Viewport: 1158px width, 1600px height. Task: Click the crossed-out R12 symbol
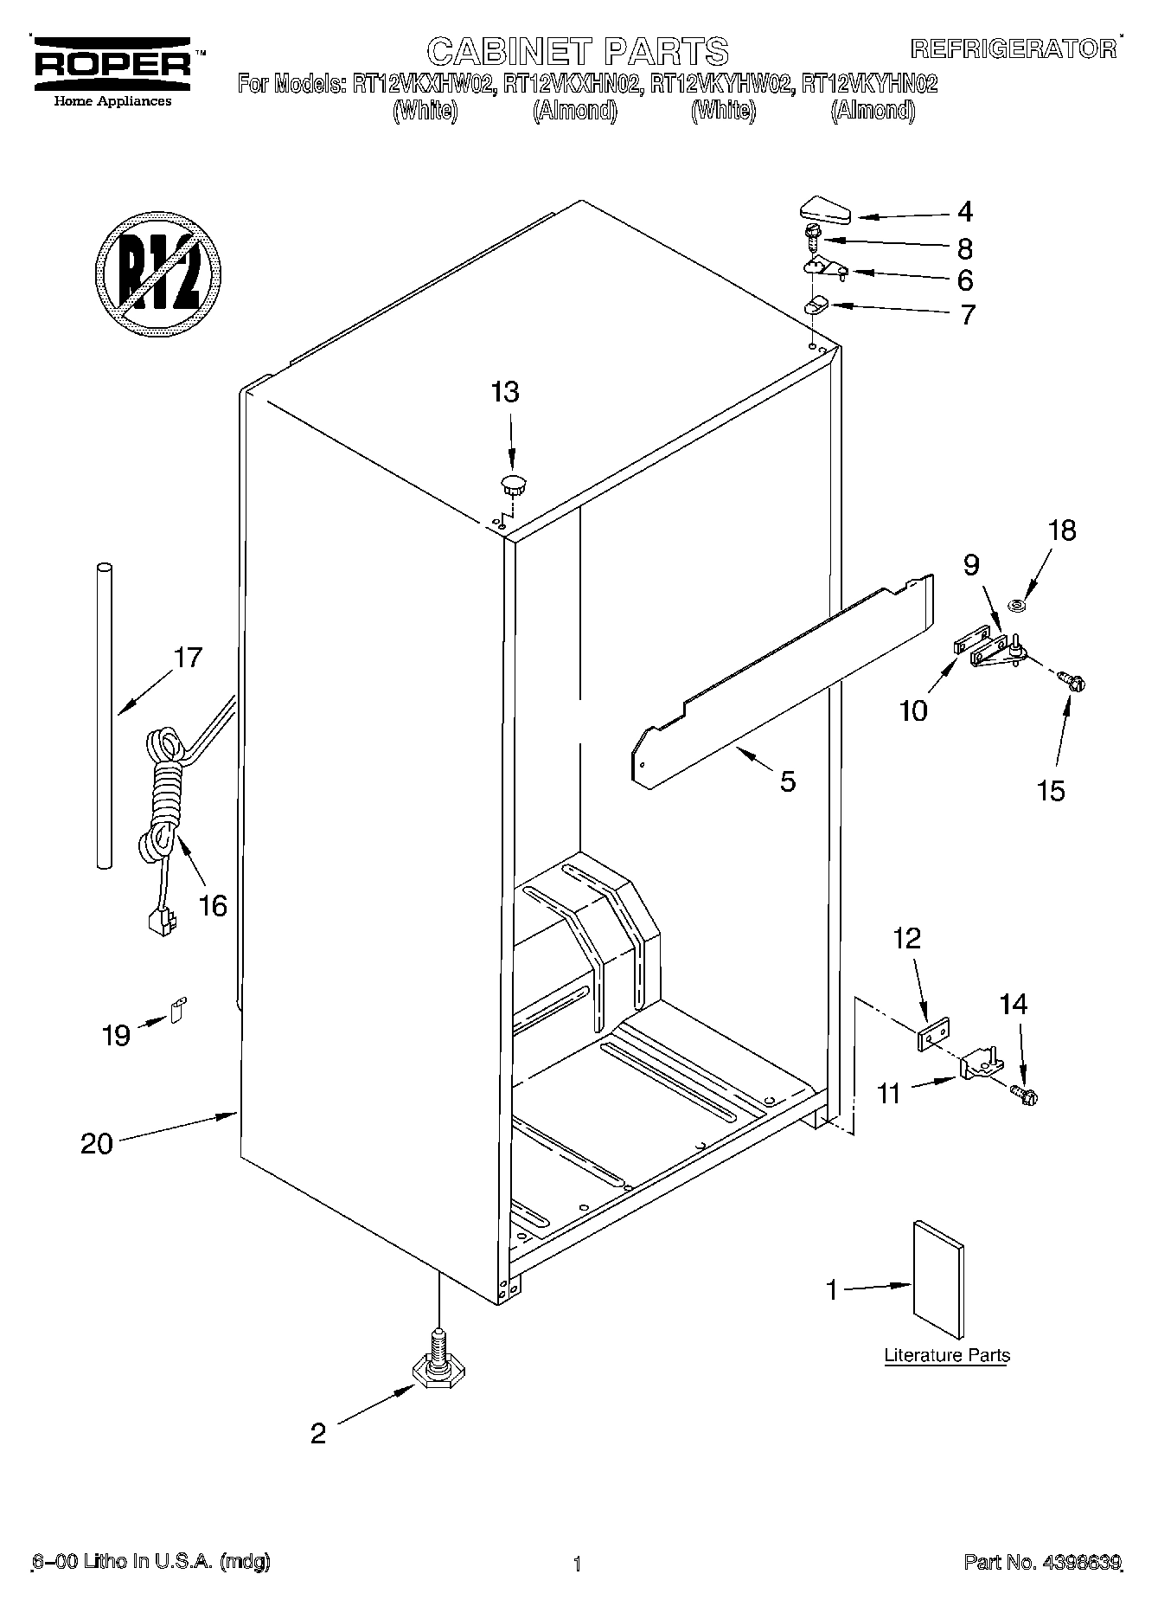pyautogui.click(x=157, y=272)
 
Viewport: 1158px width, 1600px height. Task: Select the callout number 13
pyautogui.click(x=505, y=392)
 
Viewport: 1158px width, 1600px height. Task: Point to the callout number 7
pyautogui.click(x=966, y=314)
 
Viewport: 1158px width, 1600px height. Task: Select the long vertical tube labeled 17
pyautogui.click(x=104, y=714)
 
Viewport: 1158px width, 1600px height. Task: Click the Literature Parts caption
pyautogui.click(x=946, y=1355)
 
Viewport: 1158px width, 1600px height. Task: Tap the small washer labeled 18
pyautogui.click(x=1018, y=604)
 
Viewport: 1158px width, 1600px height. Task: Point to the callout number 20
pyautogui.click(x=96, y=1143)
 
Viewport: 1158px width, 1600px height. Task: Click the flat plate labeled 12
pyautogui.click(x=934, y=1034)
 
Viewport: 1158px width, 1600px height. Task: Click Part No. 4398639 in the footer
pyautogui.click(x=1042, y=1563)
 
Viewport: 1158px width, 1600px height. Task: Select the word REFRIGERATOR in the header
pyautogui.click(x=1012, y=48)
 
